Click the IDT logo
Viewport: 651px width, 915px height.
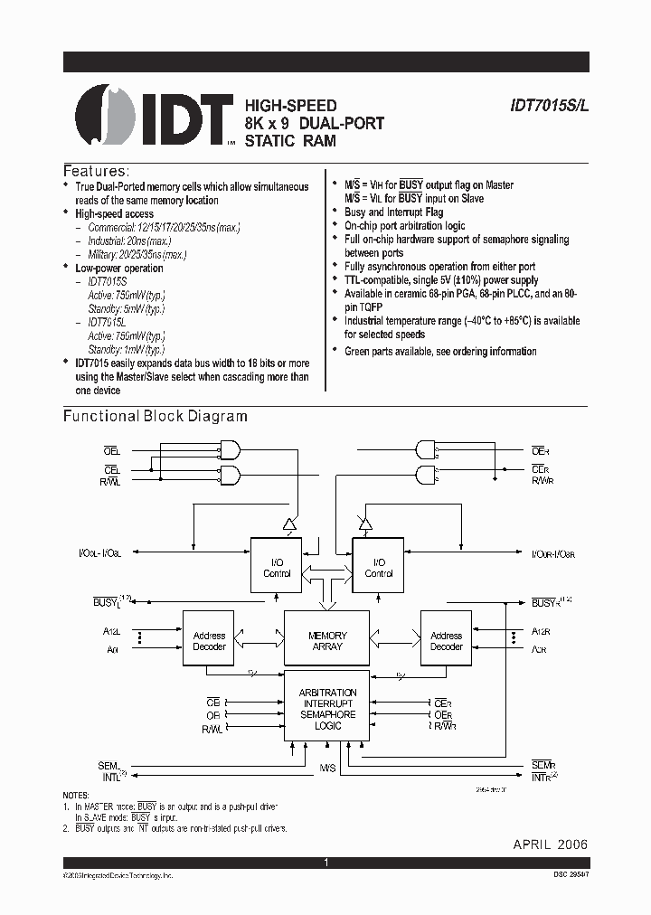tap(153, 116)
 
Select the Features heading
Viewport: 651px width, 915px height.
tap(96, 171)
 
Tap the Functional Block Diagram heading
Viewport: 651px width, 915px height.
tap(155, 417)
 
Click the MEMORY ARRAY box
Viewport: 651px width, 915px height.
tap(326, 641)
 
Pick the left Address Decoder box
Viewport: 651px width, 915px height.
tap(209, 641)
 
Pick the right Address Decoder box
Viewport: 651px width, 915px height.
tap(446, 641)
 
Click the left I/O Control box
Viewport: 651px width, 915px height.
tap(277, 567)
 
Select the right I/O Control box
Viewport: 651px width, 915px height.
tap(379, 567)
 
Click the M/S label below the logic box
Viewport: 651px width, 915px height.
tap(327, 769)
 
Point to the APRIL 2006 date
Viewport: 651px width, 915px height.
tap(551, 844)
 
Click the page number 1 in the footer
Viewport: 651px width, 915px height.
tap(325, 863)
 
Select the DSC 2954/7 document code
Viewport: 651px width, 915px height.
tap(567, 876)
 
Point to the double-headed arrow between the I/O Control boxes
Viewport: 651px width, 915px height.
tap(327, 572)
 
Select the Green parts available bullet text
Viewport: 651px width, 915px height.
tap(440, 352)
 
